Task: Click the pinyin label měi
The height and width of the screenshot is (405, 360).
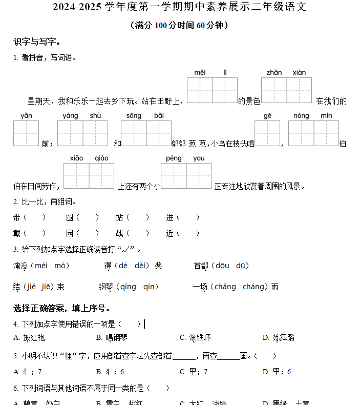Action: click(200, 72)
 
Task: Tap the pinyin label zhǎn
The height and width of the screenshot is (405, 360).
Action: click(274, 72)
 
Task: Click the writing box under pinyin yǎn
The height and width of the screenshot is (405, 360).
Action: click(26, 133)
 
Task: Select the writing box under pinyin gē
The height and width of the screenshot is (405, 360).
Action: click(267, 133)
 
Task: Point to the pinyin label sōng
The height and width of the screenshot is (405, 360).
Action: click(134, 116)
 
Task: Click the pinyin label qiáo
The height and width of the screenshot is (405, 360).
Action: click(101, 158)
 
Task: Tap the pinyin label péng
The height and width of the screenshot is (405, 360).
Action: click(174, 158)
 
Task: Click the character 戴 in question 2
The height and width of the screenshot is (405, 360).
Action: click(17, 233)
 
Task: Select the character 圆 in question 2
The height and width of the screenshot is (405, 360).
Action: click(70, 218)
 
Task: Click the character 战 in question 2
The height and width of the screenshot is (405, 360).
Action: click(119, 233)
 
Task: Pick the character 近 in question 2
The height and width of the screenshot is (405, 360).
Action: click(170, 233)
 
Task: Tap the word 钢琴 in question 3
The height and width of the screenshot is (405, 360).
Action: click(106, 287)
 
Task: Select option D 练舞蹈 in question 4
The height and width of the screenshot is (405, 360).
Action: click(279, 337)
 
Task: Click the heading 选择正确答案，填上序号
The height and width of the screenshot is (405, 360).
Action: click(61, 308)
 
